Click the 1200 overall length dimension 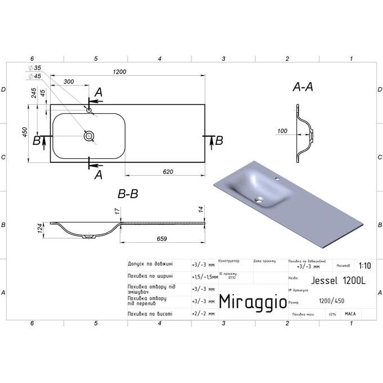pyautogui.click(x=119, y=72)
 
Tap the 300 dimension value pyautogui.click(x=69, y=82)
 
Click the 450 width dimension pyautogui.click(x=25, y=133)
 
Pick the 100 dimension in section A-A pyautogui.click(x=283, y=131)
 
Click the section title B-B pyautogui.click(x=128, y=194)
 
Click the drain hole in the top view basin pyautogui.click(x=88, y=136)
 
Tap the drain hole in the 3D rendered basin pyautogui.click(x=260, y=199)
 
